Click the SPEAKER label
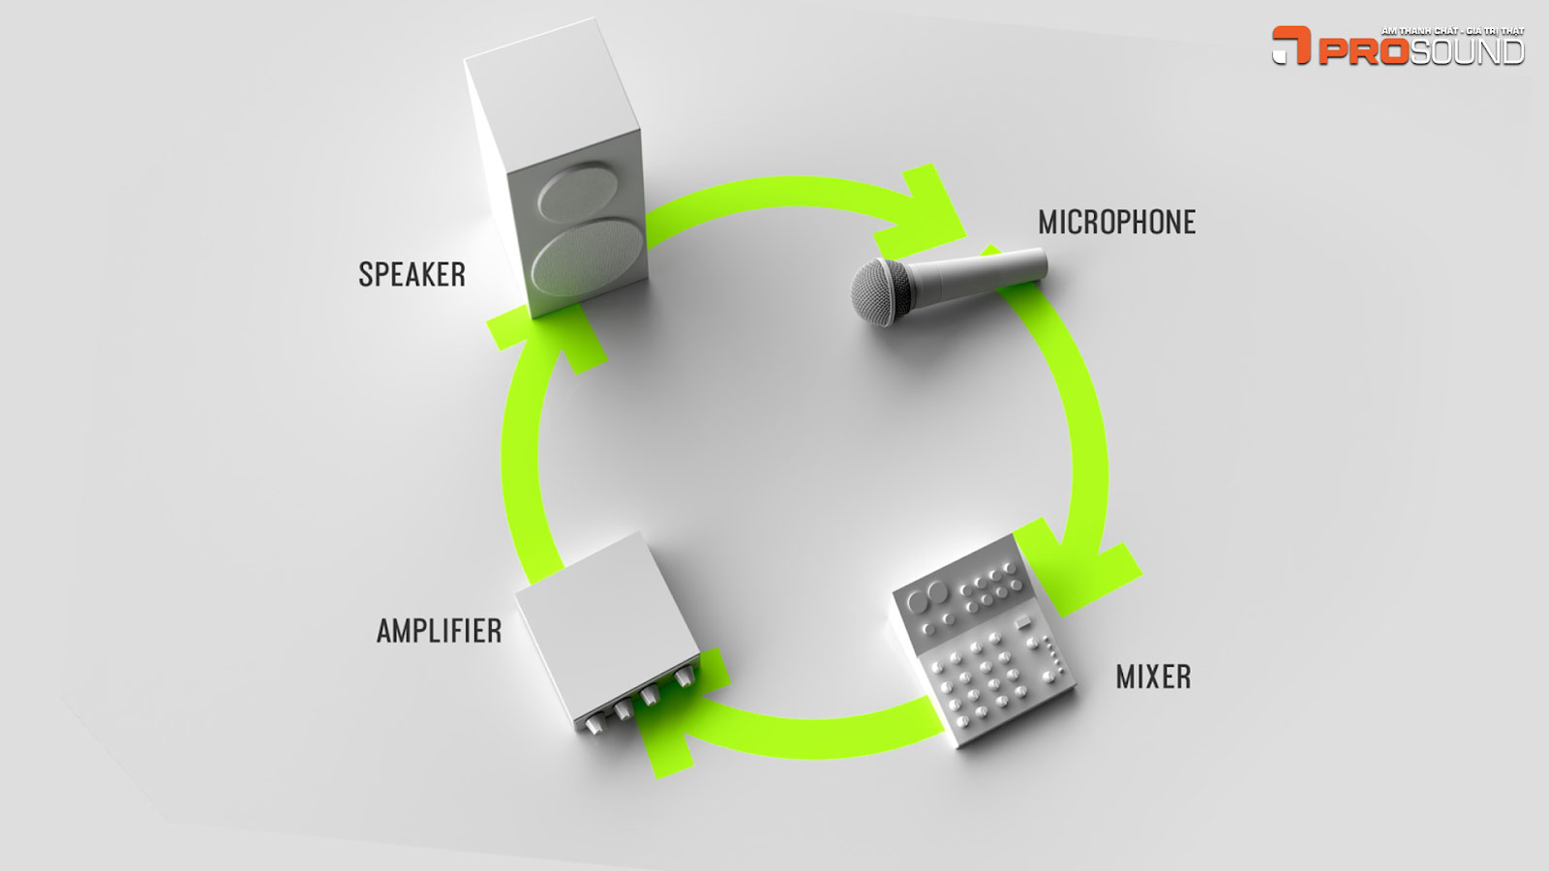(x=411, y=275)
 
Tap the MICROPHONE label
(x=1116, y=223)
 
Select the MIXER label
(x=1153, y=676)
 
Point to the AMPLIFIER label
(x=439, y=631)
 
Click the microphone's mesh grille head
(x=880, y=290)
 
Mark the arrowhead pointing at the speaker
(x=547, y=334)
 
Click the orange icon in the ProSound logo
(x=1291, y=45)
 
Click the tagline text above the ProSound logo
(x=1452, y=31)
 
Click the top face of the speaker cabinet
(x=552, y=92)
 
